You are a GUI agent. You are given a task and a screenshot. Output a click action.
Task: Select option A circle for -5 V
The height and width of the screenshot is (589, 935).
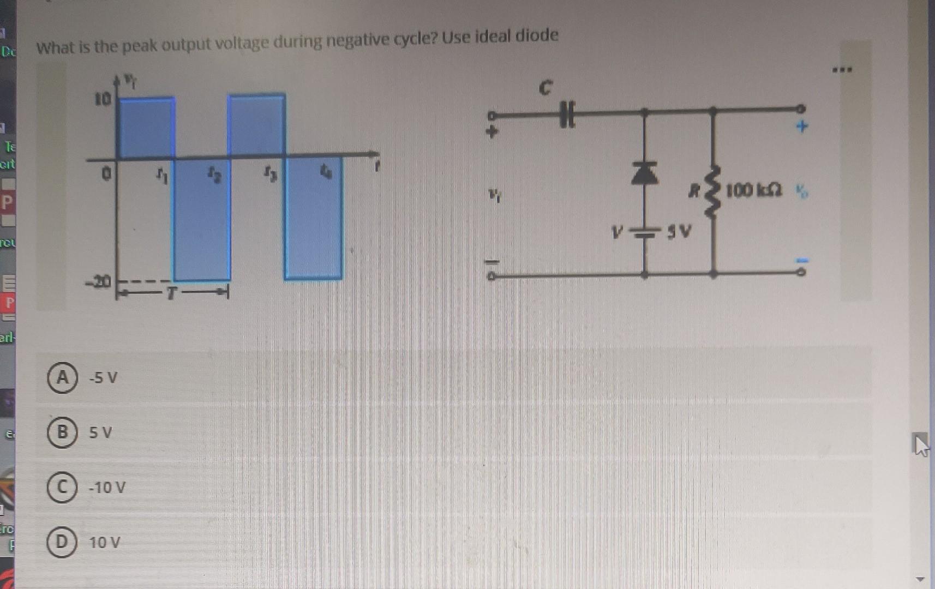coord(62,377)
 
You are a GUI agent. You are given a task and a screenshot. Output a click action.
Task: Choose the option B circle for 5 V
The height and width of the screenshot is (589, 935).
coord(62,432)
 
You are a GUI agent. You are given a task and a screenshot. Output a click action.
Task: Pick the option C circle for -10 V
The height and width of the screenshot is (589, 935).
coord(62,487)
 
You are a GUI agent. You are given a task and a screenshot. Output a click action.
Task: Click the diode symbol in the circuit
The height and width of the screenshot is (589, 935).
coord(644,173)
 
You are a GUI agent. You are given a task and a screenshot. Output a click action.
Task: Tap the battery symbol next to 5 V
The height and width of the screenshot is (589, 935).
coord(645,233)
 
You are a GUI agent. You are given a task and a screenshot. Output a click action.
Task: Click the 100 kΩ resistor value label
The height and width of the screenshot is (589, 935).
coord(753,190)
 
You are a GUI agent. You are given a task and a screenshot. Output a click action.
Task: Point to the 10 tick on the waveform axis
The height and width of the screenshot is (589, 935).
coord(103,99)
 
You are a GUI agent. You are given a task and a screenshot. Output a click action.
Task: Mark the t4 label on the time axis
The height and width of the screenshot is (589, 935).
coord(326,173)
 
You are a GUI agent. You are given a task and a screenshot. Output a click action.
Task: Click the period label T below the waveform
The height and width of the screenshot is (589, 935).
coord(171,293)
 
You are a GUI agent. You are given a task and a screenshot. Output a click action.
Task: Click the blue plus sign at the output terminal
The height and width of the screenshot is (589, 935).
coord(801,127)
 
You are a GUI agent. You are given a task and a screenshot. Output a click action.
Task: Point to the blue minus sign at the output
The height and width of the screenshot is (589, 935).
coord(801,260)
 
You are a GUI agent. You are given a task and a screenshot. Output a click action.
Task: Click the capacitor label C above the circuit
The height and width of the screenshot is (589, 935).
coord(545,87)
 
